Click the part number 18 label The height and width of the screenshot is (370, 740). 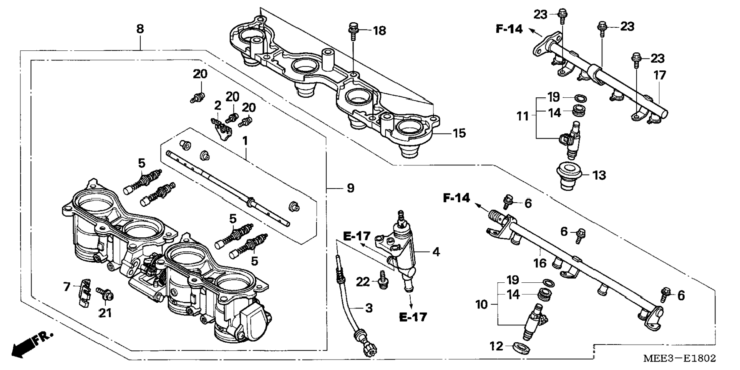point(380,30)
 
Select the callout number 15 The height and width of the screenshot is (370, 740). point(459,133)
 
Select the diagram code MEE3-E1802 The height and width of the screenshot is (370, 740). point(680,358)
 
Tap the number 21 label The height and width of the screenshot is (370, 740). point(105,313)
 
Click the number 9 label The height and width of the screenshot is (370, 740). point(350,188)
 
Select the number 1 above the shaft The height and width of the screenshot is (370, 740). point(245,141)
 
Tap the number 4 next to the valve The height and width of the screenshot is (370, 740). point(436,252)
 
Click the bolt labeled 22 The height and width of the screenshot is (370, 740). point(382,279)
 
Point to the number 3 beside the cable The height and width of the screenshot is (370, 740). point(368,308)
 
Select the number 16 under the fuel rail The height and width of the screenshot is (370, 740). point(540,263)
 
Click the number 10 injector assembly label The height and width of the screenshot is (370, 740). point(481,305)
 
